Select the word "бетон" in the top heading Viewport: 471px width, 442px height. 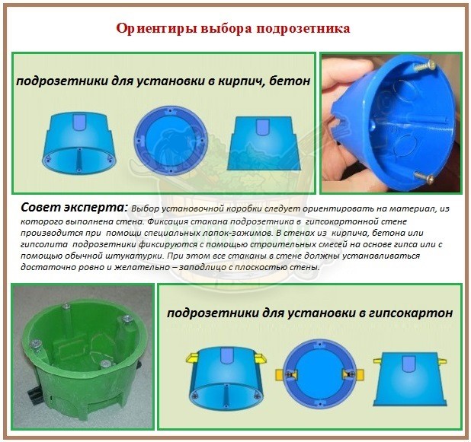[290, 81]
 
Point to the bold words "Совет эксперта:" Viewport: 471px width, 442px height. [75, 208]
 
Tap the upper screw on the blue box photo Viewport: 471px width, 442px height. [425, 66]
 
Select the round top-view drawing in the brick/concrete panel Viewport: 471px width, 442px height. [171, 141]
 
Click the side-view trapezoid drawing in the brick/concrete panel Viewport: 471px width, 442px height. [264, 143]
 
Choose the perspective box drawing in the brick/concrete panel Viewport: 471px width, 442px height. [79, 143]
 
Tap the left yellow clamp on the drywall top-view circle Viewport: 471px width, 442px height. [285, 374]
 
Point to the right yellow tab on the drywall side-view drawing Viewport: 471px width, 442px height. [442, 360]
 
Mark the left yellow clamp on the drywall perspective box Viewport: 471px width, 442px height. [193, 357]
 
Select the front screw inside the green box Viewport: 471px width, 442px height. [105, 364]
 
